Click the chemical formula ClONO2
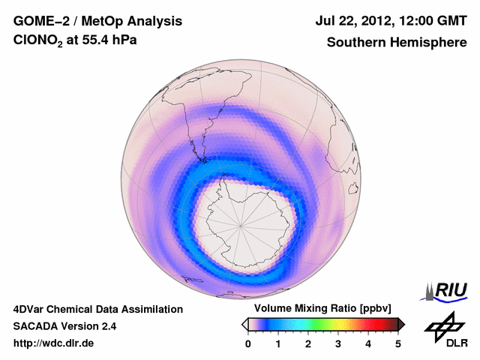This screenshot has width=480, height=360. tap(38, 43)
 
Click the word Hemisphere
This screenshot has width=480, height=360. tap(427, 43)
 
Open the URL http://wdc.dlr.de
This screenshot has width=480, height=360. tap(54, 343)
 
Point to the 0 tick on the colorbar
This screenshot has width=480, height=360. tap(248, 343)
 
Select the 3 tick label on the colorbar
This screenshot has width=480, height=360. tap(338, 343)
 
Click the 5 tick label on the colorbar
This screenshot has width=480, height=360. tap(398, 343)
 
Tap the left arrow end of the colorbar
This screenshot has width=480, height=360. tap(244, 324)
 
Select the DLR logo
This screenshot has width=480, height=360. tap(444, 330)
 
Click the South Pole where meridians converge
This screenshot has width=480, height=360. tap(241, 224)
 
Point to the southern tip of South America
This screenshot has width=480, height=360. tap(201, 158)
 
